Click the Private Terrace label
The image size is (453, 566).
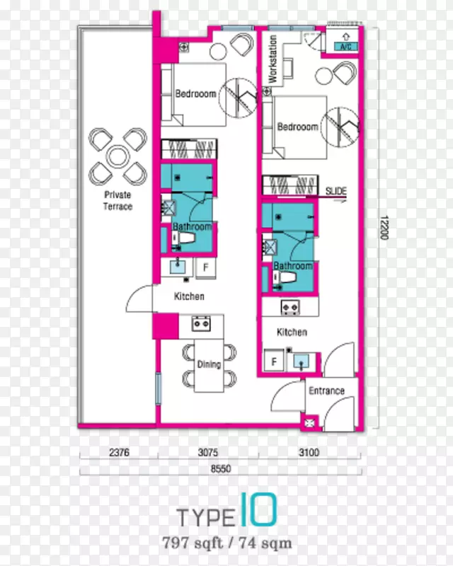point(117,201)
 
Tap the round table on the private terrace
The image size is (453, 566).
point(117,156)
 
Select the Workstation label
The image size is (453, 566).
point(273,59)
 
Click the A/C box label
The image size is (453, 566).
point(345,47)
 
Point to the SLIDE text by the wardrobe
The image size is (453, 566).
point(336,191)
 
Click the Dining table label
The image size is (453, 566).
point(210,364)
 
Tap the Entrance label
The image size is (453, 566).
point(326,391)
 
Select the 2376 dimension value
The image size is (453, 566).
point(119,452)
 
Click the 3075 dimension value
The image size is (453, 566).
point(208,452)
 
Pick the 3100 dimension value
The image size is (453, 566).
point(309,452)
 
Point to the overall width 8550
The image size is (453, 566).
point(221,468)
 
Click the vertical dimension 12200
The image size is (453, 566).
point(384,227)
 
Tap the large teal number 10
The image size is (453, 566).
point(258,509)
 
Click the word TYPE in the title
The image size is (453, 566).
point(205,517)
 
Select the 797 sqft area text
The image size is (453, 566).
point(193,543)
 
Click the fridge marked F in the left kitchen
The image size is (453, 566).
point(206,267)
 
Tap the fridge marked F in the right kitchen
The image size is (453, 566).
point(274,361)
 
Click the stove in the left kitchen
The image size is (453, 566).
point(201,323)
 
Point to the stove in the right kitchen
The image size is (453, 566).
point(290,307)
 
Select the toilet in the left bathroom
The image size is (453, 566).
point(184,238)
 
